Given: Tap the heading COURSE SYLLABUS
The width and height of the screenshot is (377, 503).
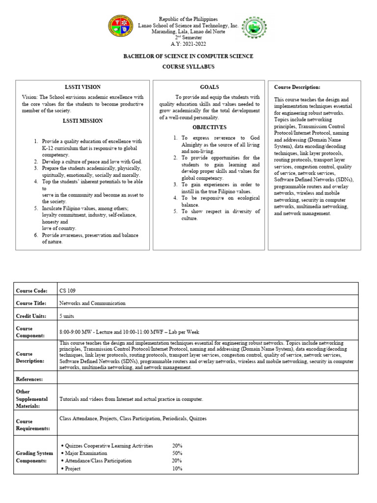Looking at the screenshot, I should click(188, 66).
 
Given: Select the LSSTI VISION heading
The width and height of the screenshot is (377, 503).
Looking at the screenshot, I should click(82, 87).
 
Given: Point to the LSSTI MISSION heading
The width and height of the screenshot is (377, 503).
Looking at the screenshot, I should click(82, 120).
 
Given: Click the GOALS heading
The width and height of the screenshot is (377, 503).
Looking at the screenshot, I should click(209, 87).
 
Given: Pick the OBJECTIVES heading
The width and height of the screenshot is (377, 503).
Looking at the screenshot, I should click(209, 127).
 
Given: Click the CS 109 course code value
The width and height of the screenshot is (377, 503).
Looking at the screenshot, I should click(67, 291).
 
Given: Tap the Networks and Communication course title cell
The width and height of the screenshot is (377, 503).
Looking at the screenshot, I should click(92, 303).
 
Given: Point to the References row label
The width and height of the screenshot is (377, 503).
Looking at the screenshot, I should click(30, 379).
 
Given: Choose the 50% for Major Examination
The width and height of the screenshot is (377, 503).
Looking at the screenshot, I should click(177, 453).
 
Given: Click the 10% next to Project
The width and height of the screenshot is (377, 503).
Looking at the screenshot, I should click(177, 469).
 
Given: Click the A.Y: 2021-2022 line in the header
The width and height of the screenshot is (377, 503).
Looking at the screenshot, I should click(188, 43).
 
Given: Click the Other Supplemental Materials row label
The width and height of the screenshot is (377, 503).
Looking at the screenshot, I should click(32, 399).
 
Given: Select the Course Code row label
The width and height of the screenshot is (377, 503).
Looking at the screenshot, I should click(31, 291).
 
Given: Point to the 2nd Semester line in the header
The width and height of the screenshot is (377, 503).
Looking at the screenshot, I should click(188, 37).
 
